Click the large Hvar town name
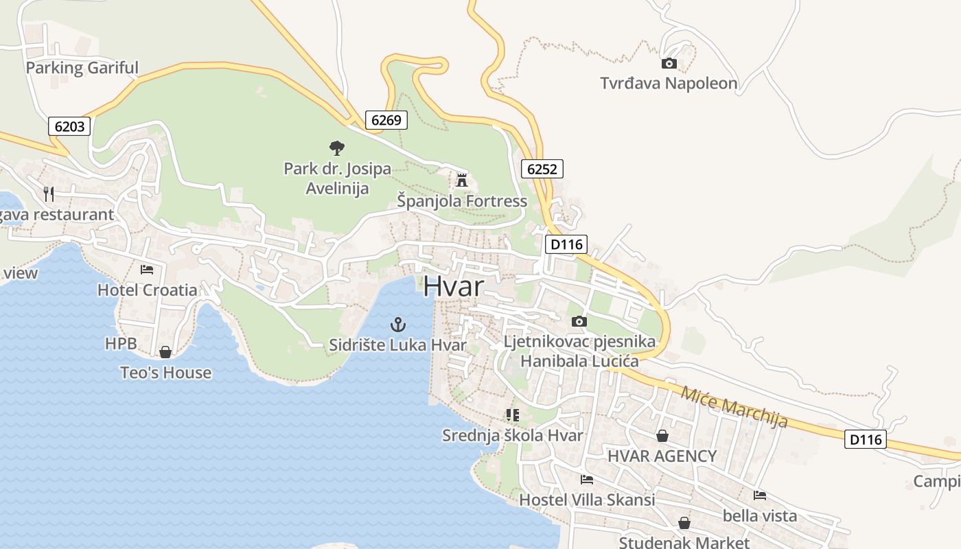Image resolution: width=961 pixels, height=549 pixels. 453,286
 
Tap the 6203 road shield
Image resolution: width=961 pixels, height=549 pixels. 70,126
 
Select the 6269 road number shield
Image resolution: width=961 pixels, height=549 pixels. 386,120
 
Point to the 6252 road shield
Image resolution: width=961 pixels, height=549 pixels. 542,169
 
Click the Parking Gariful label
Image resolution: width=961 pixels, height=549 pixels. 82,68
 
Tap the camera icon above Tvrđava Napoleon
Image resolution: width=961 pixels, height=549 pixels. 669,64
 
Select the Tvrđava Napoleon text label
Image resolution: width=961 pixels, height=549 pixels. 669,84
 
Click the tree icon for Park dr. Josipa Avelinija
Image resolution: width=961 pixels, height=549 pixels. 336,148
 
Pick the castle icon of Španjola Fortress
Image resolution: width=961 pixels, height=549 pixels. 461,181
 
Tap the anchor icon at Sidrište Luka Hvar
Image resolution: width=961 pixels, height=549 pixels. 398,324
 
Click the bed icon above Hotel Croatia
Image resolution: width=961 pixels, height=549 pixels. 147,270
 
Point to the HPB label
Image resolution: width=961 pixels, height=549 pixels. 121,343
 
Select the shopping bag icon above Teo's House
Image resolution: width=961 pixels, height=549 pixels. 165,352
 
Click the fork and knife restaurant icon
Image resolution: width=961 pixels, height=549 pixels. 49,194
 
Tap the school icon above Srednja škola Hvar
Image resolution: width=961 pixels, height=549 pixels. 512,414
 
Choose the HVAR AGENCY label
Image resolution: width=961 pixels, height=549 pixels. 662,456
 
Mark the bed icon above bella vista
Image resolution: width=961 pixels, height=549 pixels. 760,495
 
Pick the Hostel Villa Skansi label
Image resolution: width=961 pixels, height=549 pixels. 587,500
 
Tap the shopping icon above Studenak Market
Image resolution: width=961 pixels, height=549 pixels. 684,523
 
